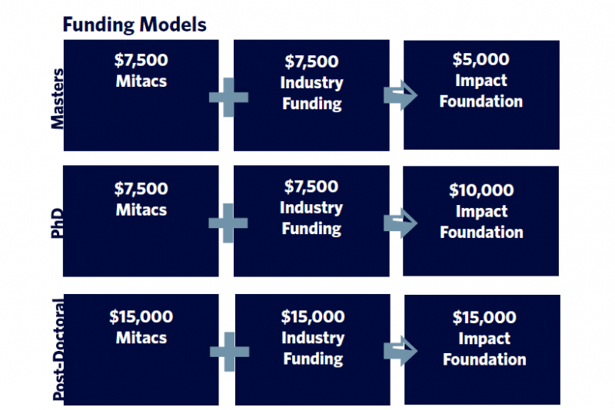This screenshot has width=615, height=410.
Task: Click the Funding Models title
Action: (x=135, y=25)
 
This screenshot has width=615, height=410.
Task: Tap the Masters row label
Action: (x=58, y=99)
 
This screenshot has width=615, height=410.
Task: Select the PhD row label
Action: (x=57, y=223)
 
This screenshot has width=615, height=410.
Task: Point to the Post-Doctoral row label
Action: (x=58, y=349)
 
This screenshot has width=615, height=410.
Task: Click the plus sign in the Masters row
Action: (x=228, y=97)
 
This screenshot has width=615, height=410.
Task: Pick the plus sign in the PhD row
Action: (x=228, y=223)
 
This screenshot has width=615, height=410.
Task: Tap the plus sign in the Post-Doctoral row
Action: (x=229, y=352)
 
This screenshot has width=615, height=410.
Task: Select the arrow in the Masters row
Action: (x=401, y=95)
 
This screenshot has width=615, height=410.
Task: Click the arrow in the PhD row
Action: (x=401, y=223)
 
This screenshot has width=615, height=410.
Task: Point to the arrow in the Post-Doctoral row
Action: (x=401, y=351)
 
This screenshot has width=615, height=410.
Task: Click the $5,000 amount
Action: (x=481, y=59)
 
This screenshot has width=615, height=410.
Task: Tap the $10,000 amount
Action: (x=482, y=190)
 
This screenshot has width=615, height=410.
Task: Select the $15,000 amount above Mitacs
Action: (x=141, y=316)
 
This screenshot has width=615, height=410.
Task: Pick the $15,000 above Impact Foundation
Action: (x=484, y=317)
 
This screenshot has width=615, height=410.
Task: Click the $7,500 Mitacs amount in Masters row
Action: (x=141, y=60)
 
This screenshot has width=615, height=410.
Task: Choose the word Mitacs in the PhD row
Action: (x=141, y=210)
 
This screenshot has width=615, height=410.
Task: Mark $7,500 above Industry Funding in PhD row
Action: (x=311, y=187)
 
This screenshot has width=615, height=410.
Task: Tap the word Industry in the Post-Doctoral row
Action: (x=313, y=338)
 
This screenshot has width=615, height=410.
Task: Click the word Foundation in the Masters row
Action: (x=481, y=101)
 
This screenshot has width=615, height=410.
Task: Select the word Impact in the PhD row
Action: (x=482, y=211)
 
